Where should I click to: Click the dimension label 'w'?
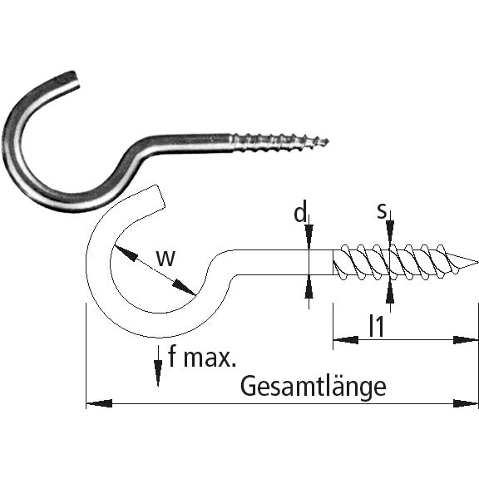point(166,259)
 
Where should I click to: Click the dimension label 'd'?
point(300,213)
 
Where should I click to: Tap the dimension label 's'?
point(382,212)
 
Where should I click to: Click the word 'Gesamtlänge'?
point(314,386)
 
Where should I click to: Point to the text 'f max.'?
point(202,358)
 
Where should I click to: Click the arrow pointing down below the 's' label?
point(389,237)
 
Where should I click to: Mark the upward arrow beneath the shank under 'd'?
point(309,288)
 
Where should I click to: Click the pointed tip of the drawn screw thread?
point(477,264)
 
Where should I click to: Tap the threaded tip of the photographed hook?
point(327,141)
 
